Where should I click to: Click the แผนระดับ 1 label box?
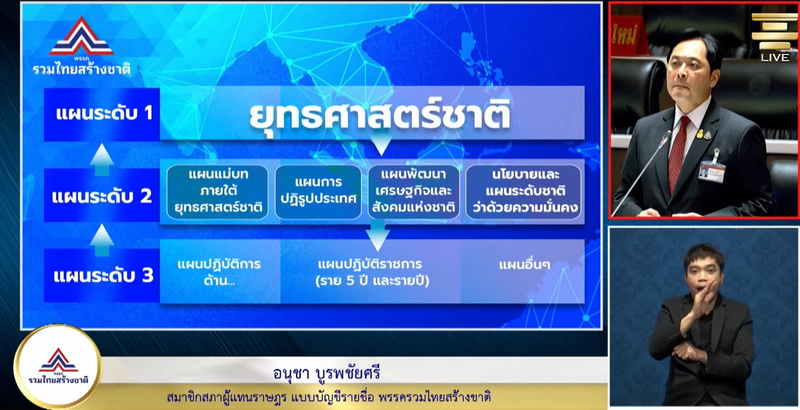[x=102, y=114]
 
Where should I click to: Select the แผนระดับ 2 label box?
[x=102, y=195]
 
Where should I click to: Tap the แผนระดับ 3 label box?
[x=102, y=275]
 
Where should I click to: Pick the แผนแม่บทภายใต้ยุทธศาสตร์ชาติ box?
[x=217, y=192]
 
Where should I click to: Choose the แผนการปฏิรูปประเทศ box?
[x=318, y=192]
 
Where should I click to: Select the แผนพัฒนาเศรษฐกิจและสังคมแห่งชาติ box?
[x=413, y=192]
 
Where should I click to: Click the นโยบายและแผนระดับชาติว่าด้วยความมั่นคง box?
[x=523, y=192]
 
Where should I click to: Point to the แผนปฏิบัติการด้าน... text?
[x=219, y=273]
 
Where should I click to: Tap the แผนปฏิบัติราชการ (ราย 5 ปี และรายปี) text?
[x=372, y=273]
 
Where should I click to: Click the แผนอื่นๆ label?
[x=524, y=265]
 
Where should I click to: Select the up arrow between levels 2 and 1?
[x=102, y=159]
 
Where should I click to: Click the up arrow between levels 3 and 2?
[x=102, y=240]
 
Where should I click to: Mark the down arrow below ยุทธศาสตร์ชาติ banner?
[x=381, y=145]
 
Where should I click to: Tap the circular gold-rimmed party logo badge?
[x=58, y=367]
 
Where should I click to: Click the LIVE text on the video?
[x=775, y=57]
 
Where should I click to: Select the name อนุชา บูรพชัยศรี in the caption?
[x=327, y=373]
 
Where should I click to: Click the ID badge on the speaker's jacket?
[x=713, y=171]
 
